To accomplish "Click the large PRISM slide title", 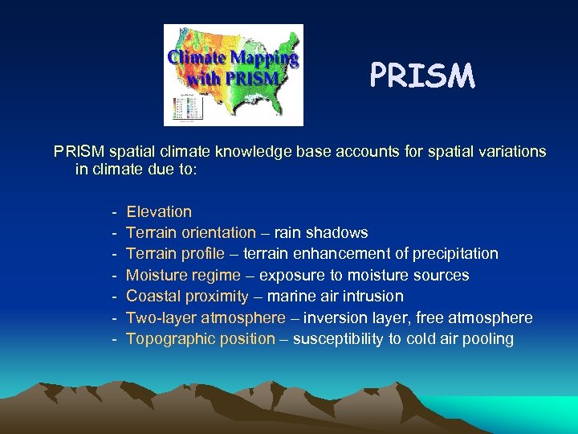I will pos(422,76).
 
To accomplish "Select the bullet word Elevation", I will pos(159,212).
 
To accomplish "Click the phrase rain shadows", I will pos(321,233).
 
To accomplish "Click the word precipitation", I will pos(455,254).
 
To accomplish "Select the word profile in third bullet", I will pos(201,254).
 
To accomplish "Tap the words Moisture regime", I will pos(184,276).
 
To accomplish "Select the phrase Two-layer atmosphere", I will pos(206,317).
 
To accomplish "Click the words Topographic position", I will pos(201,339).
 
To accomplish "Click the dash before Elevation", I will pos(116,212).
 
